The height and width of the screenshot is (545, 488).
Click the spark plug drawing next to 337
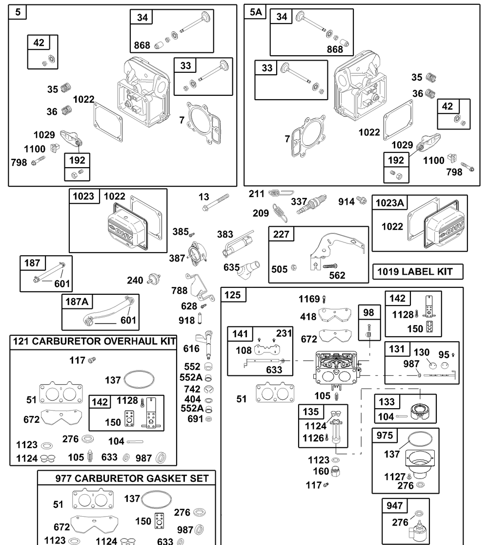tap(312, 204)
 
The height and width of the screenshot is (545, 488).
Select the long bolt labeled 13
tap(216, 202)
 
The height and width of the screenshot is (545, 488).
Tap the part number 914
tap(346, 201)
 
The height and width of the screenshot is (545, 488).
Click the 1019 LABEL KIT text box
tap(418, 271)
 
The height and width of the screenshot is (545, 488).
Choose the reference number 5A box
tap(255, 12)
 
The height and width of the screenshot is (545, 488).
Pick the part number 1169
tap(309, 299)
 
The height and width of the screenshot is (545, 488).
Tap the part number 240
tap(135, 280)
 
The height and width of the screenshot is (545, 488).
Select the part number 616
tap(191, 349)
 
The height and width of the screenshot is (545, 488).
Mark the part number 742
tap(192, 389)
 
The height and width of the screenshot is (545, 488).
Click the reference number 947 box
tap(395, 506)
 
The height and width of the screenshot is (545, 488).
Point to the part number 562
tap(337, 276)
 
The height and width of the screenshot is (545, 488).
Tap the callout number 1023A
tap(390, 203)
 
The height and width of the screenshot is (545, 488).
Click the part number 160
tap(321, 471)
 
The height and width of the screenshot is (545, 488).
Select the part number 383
tap(225, 234)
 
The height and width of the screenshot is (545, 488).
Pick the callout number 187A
tap(77, 302)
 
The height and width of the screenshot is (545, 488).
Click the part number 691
tap(195, 419)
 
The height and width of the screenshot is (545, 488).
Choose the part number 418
tap(308, 317)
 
